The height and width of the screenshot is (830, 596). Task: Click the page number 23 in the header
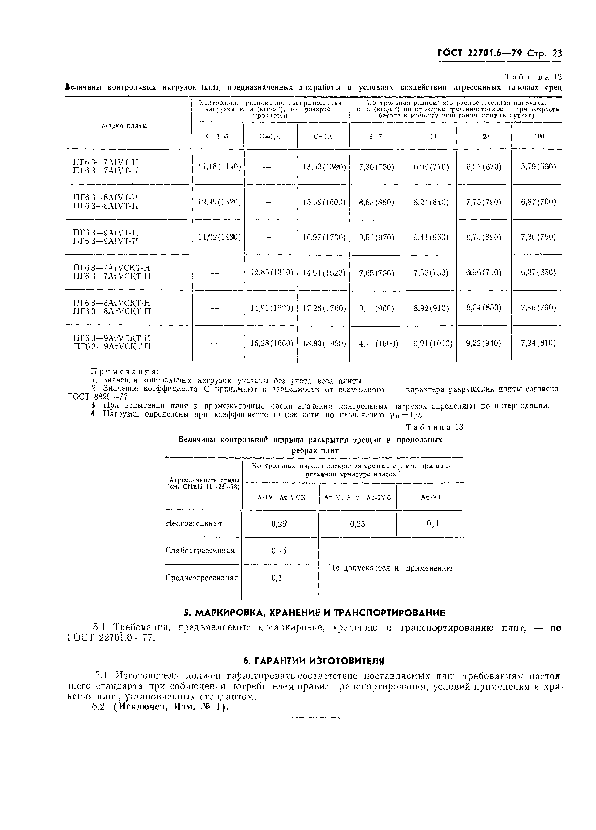click(556, 53)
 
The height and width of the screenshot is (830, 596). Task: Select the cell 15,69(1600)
click(324, 202)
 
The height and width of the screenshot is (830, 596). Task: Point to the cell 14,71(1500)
click(377, 343)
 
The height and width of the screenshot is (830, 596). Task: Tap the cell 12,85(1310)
click(271, 273)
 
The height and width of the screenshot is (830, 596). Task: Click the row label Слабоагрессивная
click(200, 550)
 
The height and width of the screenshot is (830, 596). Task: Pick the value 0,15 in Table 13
click(279, 550)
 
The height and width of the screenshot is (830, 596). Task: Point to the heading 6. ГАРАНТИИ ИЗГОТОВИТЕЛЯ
click(314, 661)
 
